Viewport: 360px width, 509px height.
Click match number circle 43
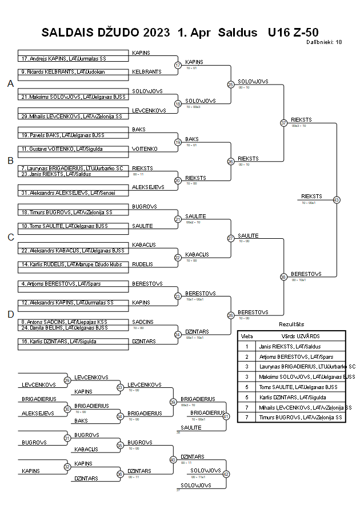click(x=337, y=200)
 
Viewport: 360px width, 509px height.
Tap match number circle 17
click(x=178, y=66)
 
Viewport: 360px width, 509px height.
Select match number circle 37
click(x=283, y=123)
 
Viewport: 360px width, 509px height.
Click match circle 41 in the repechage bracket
click(x=226, y=416)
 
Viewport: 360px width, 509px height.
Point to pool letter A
click(x=10, y=84)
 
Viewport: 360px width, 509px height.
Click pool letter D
click(x=10, y=314)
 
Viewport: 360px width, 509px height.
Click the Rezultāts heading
click(x=291, y=324)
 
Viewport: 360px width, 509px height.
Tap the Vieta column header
click(x=246, y=336)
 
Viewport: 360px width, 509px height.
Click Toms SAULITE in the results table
click(x=296, y=387)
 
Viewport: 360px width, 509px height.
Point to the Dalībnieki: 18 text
click(x=324, y=42)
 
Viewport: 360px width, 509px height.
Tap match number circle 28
click(x=231, y=315)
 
